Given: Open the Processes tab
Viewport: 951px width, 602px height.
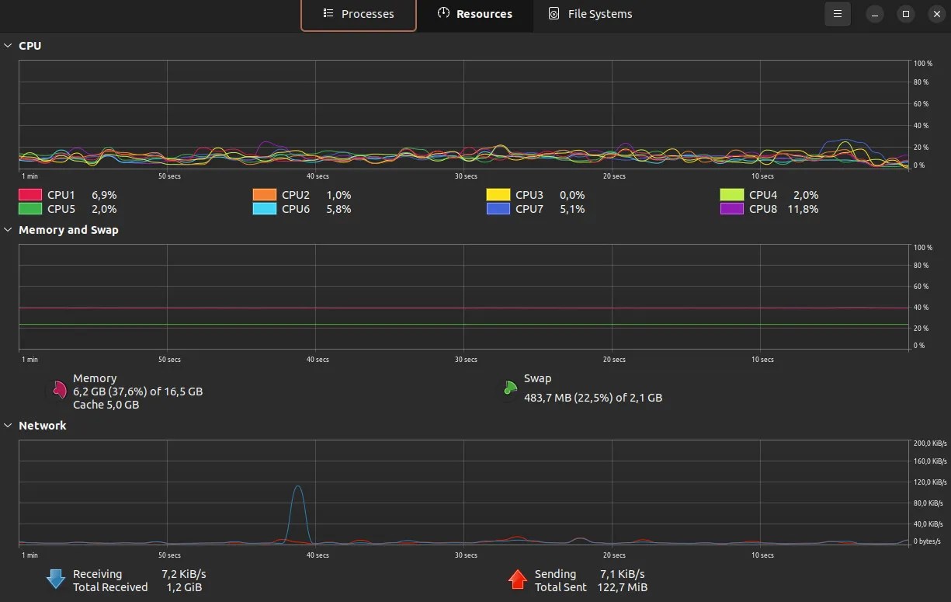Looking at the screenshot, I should pyautogui.click(x=359, y=14).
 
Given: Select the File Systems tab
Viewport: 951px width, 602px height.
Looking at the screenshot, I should pyautogui.click(x=590, y=14).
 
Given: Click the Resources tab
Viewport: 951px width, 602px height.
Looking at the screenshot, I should pyautogui.click(x=474, y=14).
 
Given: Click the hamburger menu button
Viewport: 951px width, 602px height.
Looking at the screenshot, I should pyautogui.click(x=837, y=14).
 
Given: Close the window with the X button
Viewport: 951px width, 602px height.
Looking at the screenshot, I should pyautogui.click(x=936, y=14).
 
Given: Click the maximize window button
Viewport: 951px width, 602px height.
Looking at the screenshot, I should pyautogui.click(x=905, y=14).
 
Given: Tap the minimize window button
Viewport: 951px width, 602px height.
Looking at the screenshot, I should pyautogui.click(x=875, y=14).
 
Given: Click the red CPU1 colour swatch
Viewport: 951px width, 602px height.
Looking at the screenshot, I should pyautogui.click(x=30, y=195).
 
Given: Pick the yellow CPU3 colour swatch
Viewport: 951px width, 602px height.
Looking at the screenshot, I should pyautogui.click(x=498, y=195).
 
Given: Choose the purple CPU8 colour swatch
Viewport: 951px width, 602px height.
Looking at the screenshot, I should pyautogui.click(x=732, y=209).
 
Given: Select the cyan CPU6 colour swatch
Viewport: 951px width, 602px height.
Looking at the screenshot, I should pyautogui.click(x=265, y=209).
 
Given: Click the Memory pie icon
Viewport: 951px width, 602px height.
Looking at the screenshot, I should pyautogui.click(x=58, y=391).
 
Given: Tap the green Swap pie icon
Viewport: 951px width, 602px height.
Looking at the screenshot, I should pyautogui.click(x=509, y=388).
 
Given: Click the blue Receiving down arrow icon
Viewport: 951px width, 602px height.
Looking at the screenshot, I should pyautogui.click(x=56, y=579).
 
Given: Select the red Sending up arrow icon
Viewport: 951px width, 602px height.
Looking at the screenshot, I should pyautogui.click(x=517, y=579).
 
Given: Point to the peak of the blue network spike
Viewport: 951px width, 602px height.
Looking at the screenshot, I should pyautogui.click(x=297, y=487).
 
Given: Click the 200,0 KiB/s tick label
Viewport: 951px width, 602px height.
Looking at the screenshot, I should pyautogui.click(x=930, y=444).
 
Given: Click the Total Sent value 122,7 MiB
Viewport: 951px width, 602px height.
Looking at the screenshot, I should pyautogui.click(x=623, y=587).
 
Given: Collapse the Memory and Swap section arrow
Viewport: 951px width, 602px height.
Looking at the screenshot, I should pyautogui.click(x=9, y=230).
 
